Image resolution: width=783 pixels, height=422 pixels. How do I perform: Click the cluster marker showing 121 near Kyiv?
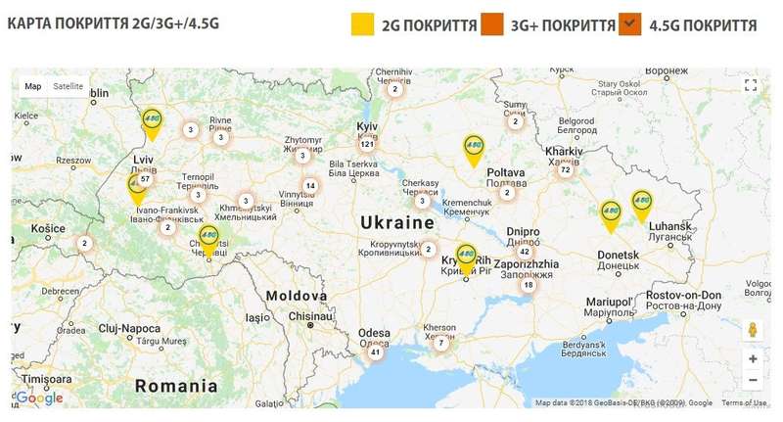(368, 144)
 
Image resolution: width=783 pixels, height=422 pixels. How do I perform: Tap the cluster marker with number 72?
(565, 170)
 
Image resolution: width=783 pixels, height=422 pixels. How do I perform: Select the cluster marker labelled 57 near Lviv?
(145, 179)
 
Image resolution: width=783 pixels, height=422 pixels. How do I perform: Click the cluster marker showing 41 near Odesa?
(375, 352)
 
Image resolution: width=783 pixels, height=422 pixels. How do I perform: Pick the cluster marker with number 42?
(524, 252)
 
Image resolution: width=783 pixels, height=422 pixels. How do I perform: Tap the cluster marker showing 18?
(528, 285)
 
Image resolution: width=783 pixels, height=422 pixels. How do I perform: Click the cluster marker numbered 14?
(310, 186)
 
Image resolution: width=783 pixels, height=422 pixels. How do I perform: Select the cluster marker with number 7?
(441, 343)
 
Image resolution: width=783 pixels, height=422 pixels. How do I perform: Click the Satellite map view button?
(69, 86)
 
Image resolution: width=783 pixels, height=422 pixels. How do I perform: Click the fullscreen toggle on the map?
(751, 86)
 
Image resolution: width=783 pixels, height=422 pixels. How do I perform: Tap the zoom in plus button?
(752, 358)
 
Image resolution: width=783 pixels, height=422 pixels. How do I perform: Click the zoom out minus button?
(752, 381)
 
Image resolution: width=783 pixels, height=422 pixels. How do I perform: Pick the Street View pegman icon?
(752, 329)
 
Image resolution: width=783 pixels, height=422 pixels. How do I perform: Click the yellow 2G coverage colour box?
(363, 24)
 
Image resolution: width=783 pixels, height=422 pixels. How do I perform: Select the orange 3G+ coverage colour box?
(491, 24)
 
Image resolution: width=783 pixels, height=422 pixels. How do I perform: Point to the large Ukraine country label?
(397, 223)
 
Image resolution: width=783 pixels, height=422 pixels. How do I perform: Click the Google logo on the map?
(40, 398)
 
